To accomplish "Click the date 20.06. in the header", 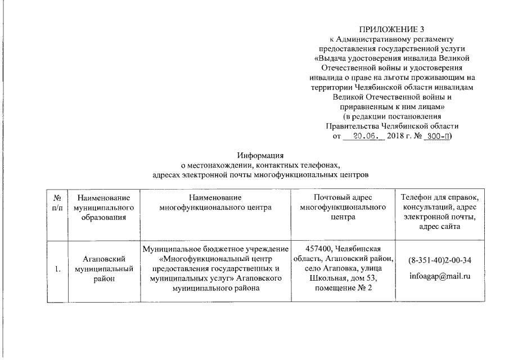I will click(x=368, y=136).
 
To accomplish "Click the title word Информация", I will click(x=260, y=155).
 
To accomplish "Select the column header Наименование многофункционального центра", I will click(x=215, y=202).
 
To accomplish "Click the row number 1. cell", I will click(x=57, y=268).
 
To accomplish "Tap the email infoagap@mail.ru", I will click(x=440, y=276).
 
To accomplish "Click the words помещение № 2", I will click(x=343, y=289).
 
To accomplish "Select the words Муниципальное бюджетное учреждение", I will click(x=215, y=249).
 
